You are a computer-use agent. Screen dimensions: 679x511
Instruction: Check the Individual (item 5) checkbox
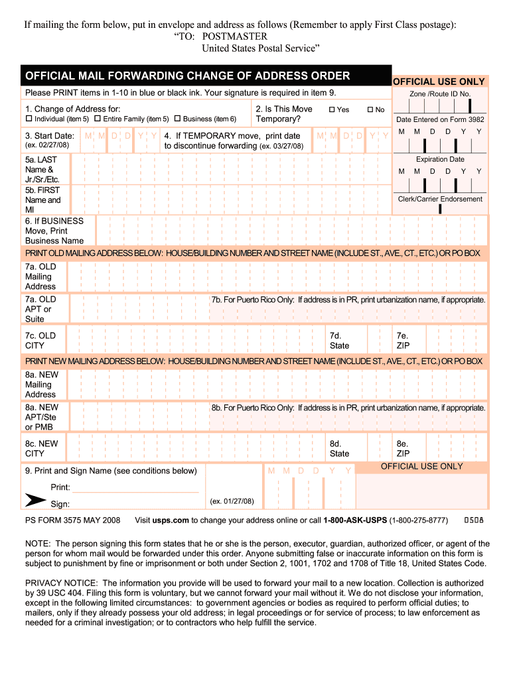point(29,119)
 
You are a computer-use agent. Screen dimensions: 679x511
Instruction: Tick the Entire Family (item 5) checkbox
point(97,119)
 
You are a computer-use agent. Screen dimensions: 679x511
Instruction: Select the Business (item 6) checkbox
point(177,119)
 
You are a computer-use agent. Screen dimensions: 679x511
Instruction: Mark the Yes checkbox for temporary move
point(332,109)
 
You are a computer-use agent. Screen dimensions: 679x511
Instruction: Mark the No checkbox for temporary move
point(370,109)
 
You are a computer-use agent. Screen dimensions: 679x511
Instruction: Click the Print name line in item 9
point(135,488)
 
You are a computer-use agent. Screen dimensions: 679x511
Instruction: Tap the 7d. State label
point(339,341)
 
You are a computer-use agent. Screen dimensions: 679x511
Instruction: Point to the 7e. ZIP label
point(403,341)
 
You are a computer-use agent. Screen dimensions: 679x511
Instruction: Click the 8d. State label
point(339,449)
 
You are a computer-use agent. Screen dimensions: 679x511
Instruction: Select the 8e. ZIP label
point(403,449)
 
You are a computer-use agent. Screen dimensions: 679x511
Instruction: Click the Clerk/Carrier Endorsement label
point(440,199)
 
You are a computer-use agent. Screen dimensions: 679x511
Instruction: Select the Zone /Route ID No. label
point(440,94)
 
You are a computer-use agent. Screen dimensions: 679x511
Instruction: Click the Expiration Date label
point(440,159)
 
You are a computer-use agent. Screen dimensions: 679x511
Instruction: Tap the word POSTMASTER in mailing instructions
point(235,36)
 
